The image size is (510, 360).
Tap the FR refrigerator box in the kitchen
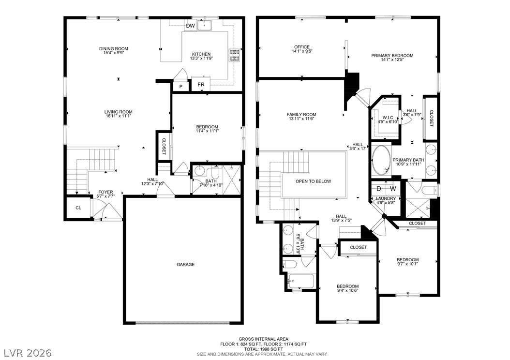(201, 84)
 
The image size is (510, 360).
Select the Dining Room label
(114, 49)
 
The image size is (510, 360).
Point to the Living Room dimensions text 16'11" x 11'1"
(119, 116)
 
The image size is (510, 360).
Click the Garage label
(186, 264)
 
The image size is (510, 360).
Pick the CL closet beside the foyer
(78, 208)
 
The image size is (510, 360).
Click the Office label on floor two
(302, 47)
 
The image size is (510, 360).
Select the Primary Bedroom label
(392, 56)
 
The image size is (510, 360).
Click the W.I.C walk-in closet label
(388, 118)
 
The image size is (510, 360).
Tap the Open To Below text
(313, 181)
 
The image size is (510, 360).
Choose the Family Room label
(301, 115)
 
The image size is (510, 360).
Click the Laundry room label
(386, 198)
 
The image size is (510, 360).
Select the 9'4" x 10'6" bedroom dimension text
(348, 291)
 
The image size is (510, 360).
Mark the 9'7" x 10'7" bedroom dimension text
(407, 264)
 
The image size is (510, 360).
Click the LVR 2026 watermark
(28, 353)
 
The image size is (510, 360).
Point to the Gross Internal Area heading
(263, 339)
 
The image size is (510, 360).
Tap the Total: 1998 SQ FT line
(263, 349)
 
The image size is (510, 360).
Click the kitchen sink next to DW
(205, 25)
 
